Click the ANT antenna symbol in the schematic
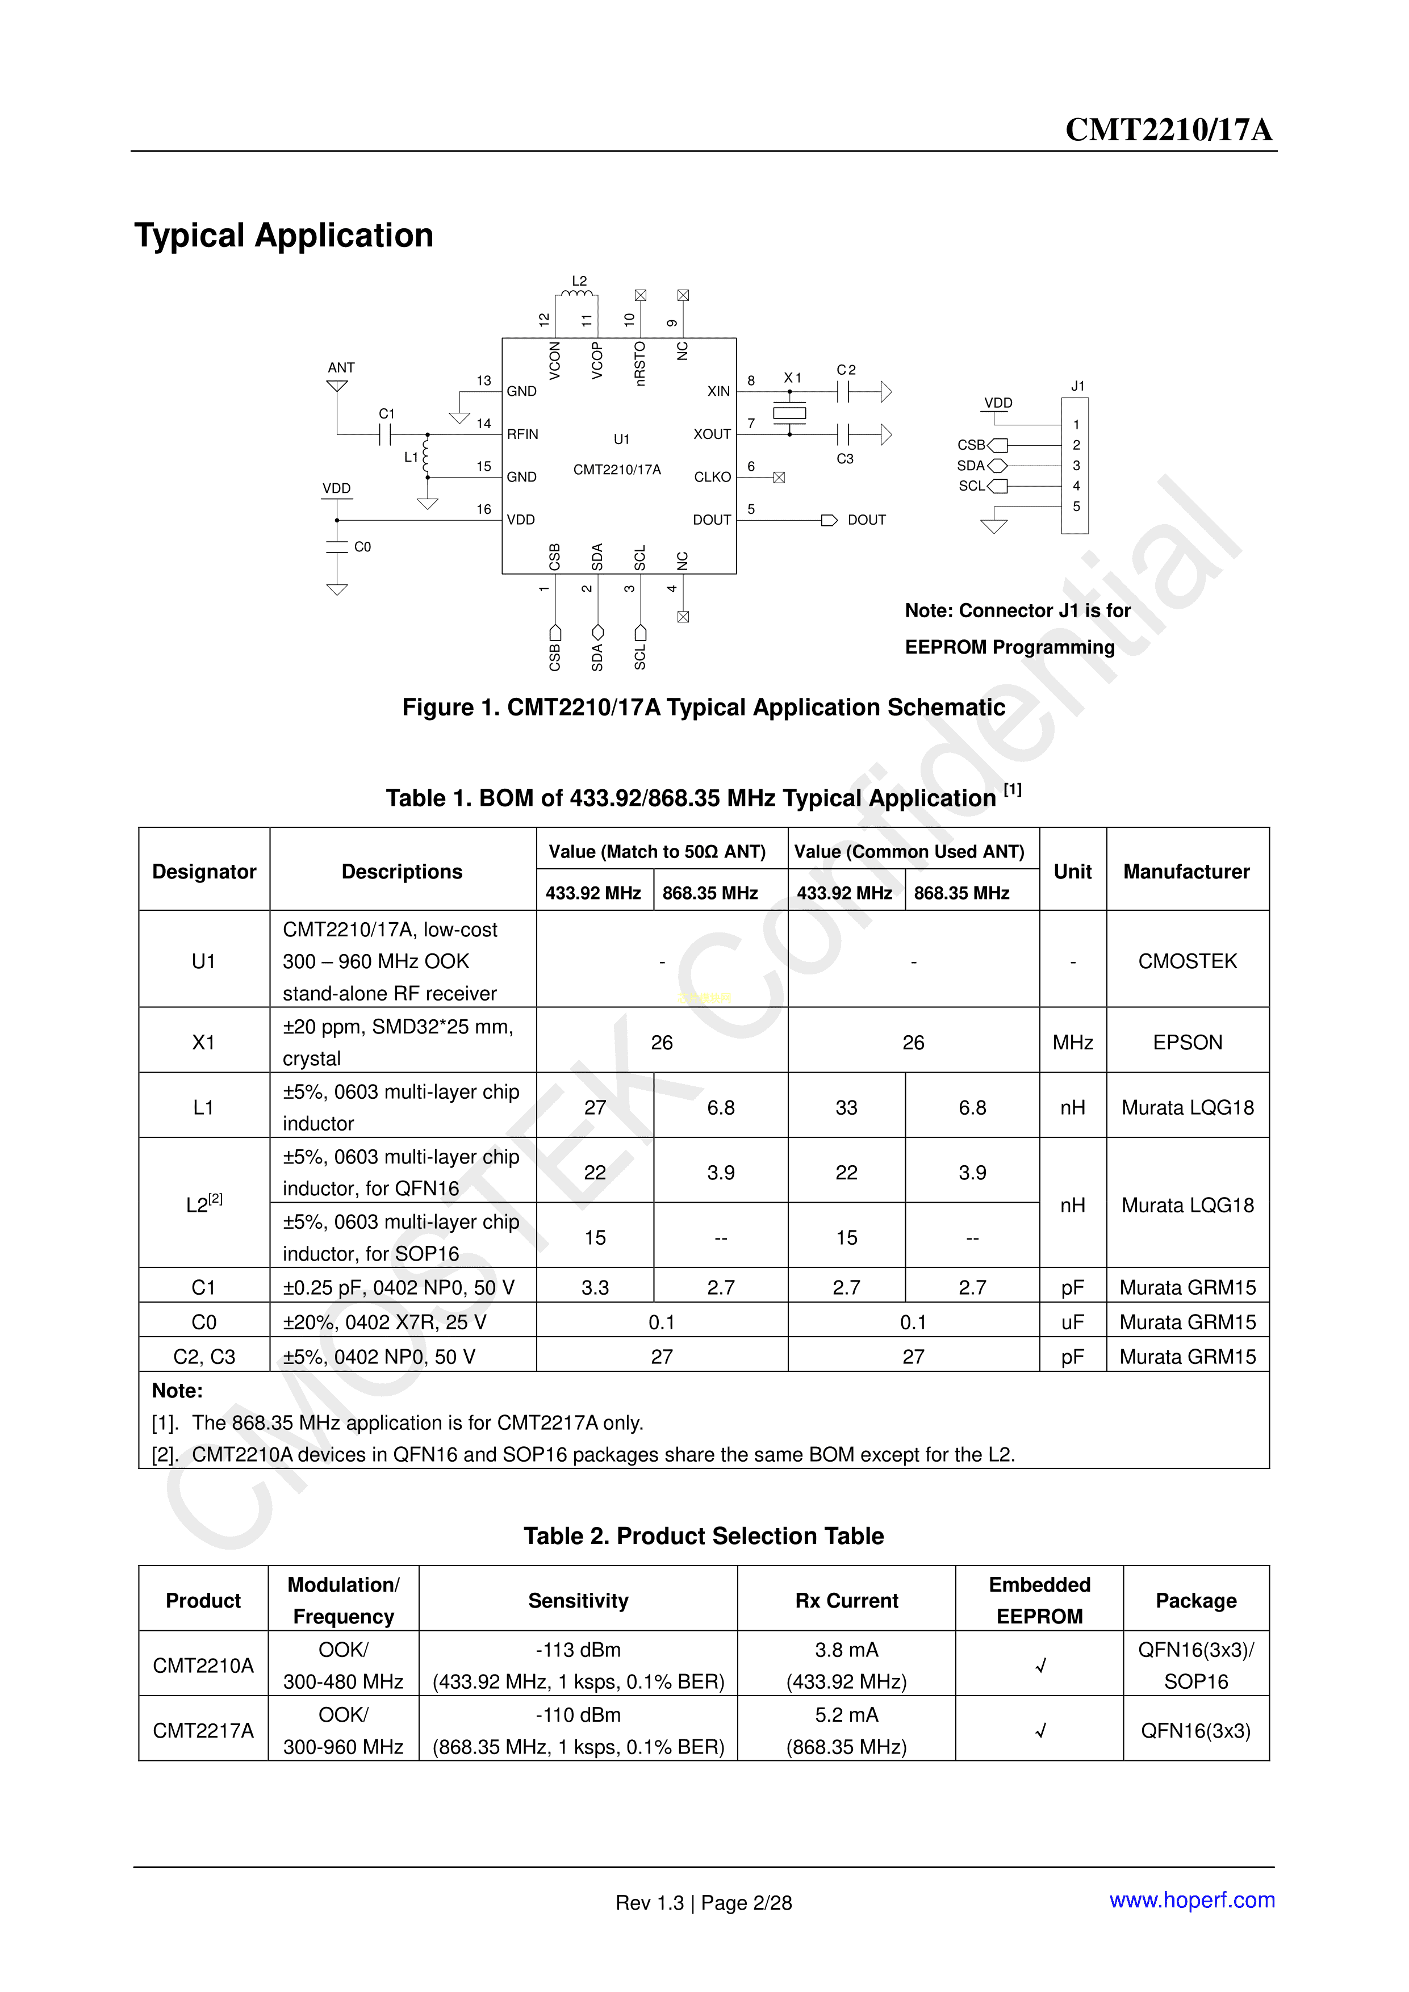pyautogui.click(x=337, y=384)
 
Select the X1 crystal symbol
pyautogui.click(x=789, y=413)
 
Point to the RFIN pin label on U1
pyautogui.click(x=522, y=434)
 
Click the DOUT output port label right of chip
pyautogui.click(x=866, y=520)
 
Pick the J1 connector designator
pyautogui.click(x=1077, y=386)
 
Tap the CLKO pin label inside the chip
pyautogui.click(x=712, y=477)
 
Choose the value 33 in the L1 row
pyautogui.click(x=846, y=1107)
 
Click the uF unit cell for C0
pyautogui.click(x=1072, y=1322)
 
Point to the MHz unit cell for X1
pyautogui.click(x=1072, y=1042)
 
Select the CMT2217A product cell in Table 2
pyautogui.click(x=203, y=1731)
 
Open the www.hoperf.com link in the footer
pyautogui.click(x=1191, y=1900)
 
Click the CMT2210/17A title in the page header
pyautogui.click(x=1168, y=129)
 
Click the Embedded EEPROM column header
pyautogui.click(x=1039, y=1601)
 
